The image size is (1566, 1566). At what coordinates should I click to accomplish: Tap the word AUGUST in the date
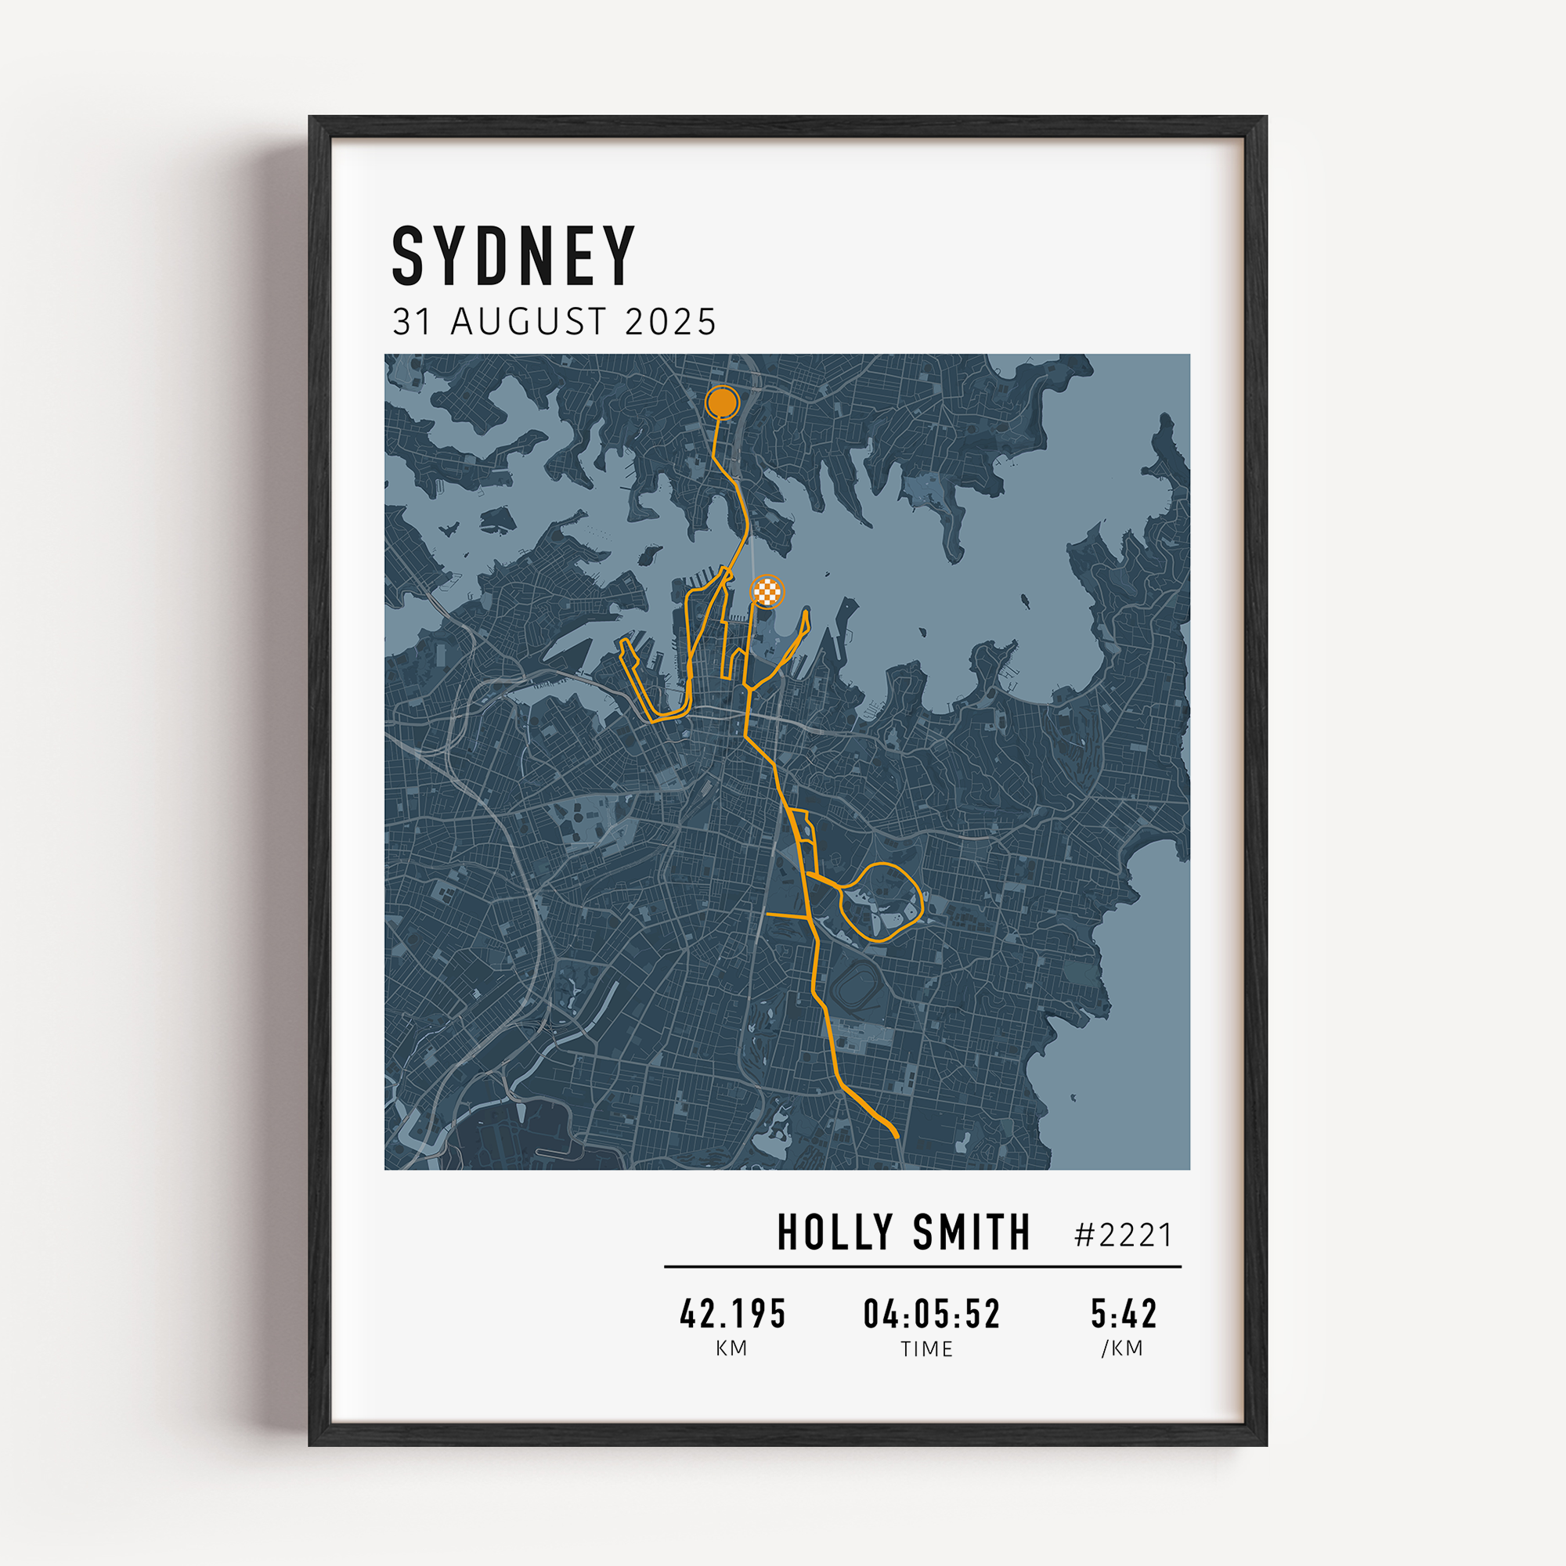tap(528, 322)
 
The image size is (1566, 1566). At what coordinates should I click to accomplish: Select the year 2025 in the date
tap(670, 322)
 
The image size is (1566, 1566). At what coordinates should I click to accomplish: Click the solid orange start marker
tap(721, 402)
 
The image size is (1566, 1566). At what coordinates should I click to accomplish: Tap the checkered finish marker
tap(767, 591)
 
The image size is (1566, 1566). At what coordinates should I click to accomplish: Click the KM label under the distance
tap(731, 1349)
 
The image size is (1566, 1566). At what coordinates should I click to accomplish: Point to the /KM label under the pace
tap(1122, 1349)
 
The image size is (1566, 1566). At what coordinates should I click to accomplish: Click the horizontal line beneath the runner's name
tap(922, 1266)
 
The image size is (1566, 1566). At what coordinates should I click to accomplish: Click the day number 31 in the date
tap(411, 322)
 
